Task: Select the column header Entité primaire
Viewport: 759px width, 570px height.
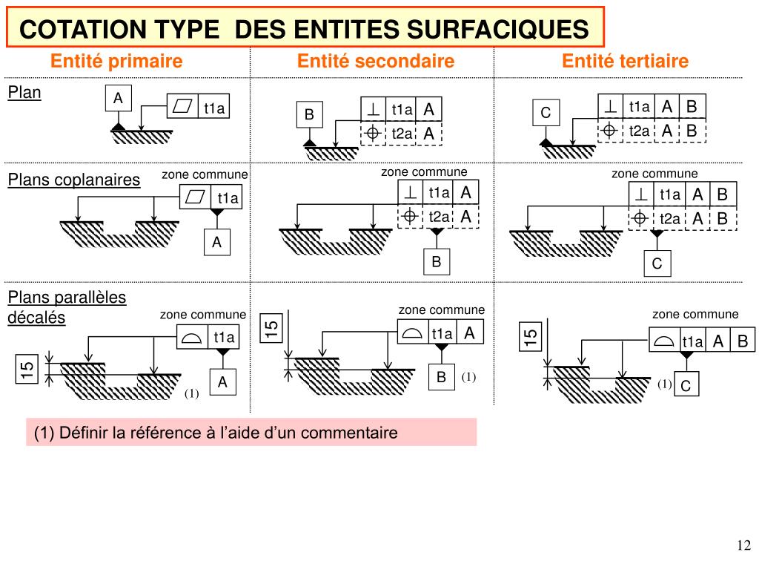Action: click(116, 61)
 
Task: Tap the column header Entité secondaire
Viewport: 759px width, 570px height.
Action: click(375, 61)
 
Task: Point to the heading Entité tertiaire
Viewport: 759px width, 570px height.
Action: click(625, 61)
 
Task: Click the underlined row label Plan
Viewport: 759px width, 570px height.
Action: click(24, 93)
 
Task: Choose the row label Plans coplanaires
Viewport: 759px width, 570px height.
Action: click(73, 180)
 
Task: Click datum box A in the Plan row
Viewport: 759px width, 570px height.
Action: click(118, 98)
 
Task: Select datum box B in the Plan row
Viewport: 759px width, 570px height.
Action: click(309, 115)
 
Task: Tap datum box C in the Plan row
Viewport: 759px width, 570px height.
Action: click(546, 114)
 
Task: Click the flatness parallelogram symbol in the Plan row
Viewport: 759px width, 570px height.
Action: click(182, 108)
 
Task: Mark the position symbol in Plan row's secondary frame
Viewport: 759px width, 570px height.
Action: click(373, 134)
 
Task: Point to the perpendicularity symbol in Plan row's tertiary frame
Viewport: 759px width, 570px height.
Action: click(610, 107)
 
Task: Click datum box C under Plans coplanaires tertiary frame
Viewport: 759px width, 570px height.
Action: click(657, 264)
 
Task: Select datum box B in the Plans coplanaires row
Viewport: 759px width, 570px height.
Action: click(437, 261)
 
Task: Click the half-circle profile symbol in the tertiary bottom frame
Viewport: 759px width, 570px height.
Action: click(664, 341)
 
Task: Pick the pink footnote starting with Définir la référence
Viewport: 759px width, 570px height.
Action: click(251, 432)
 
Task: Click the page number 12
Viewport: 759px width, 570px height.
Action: click(743, 546)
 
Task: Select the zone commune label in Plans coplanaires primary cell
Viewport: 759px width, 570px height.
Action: click(205, 174)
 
